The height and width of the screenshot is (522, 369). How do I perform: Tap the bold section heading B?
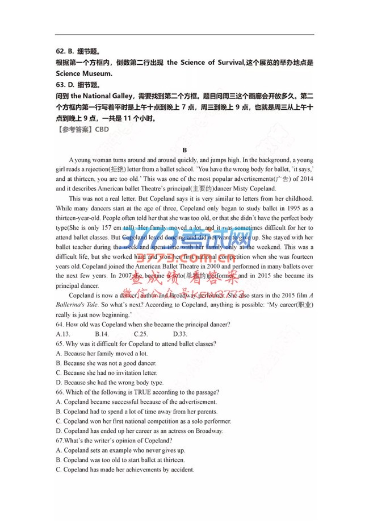(184, 150)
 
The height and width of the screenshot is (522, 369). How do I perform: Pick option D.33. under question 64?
(180, 334)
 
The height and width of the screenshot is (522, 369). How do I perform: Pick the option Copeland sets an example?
(127, 450)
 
